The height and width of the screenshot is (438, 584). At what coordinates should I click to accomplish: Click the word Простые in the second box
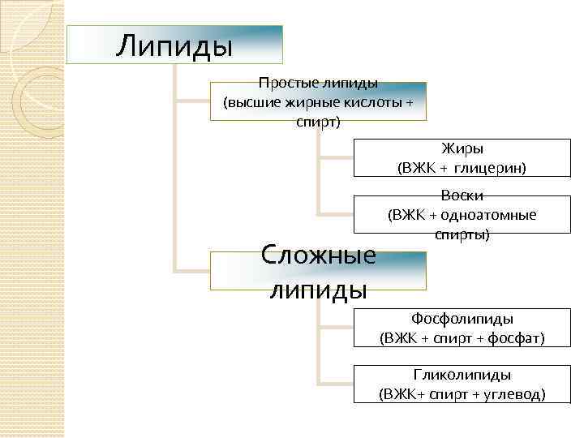286,83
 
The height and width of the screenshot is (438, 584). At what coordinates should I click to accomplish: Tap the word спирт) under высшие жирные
318,122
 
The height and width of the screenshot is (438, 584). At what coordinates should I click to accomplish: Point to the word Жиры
462,148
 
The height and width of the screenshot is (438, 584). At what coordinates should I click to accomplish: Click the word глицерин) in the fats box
490,169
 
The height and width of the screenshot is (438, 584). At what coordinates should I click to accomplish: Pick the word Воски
462,195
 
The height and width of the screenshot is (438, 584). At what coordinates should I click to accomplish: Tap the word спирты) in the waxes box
462,234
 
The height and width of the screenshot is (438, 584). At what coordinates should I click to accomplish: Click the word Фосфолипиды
462,319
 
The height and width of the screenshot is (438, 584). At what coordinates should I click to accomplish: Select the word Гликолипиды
462,376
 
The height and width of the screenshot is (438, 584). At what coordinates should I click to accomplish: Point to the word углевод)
516,395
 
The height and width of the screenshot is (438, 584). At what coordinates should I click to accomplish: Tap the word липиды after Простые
349,83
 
